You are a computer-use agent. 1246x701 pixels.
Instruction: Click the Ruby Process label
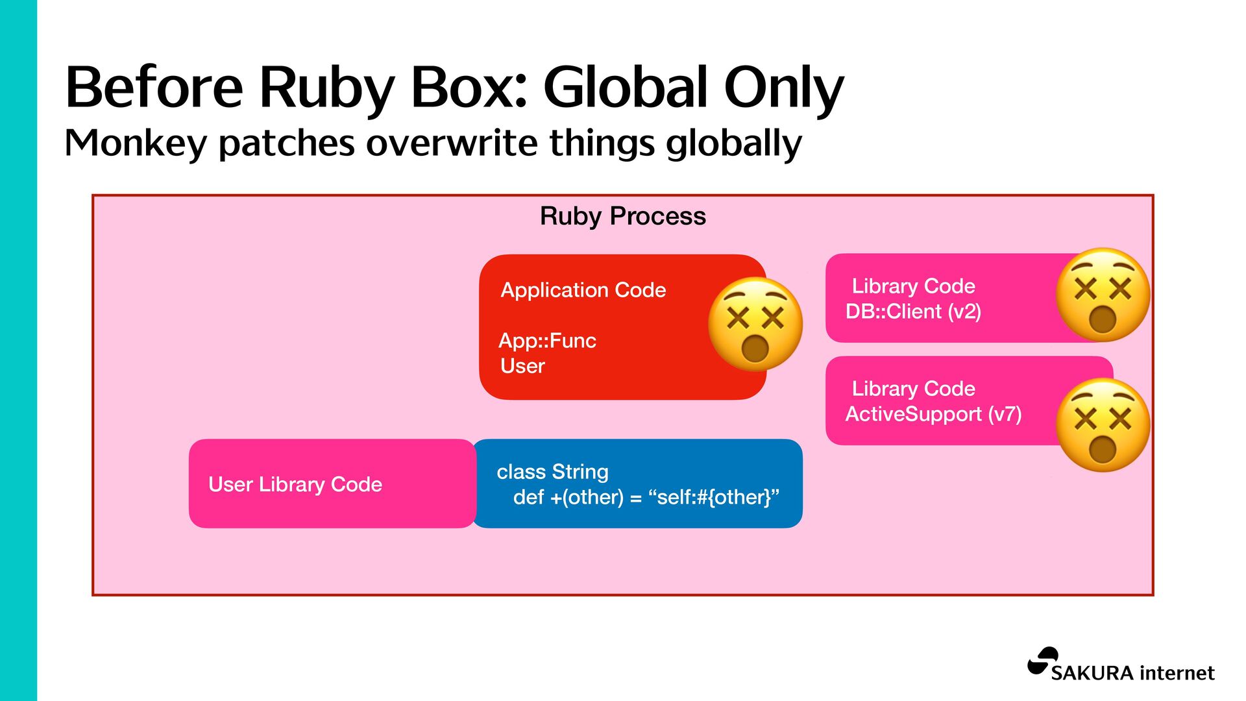coord(622,216)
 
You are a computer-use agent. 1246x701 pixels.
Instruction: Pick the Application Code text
coord(583,290)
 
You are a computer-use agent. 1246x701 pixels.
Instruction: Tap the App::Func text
coord(547,341)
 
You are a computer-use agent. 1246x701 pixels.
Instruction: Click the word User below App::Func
coord(522,366)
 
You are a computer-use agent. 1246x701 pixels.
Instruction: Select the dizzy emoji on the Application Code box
coord(755,324)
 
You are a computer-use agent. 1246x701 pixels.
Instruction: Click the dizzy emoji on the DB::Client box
coord(1102,295)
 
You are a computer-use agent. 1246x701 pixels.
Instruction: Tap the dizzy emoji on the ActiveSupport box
coord(1102,425)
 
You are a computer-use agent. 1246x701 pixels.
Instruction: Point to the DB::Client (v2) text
coord(913,312)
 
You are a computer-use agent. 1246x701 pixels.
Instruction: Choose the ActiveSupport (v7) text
coord(933,414)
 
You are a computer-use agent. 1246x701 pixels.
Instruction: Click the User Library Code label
coord(295,484)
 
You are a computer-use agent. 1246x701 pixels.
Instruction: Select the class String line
coord(552,472)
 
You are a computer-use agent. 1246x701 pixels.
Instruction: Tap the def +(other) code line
coord(646,497)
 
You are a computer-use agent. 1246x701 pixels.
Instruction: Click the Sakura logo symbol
coord(1044,661)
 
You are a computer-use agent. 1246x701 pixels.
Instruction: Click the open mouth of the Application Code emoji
coord(755,349)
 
